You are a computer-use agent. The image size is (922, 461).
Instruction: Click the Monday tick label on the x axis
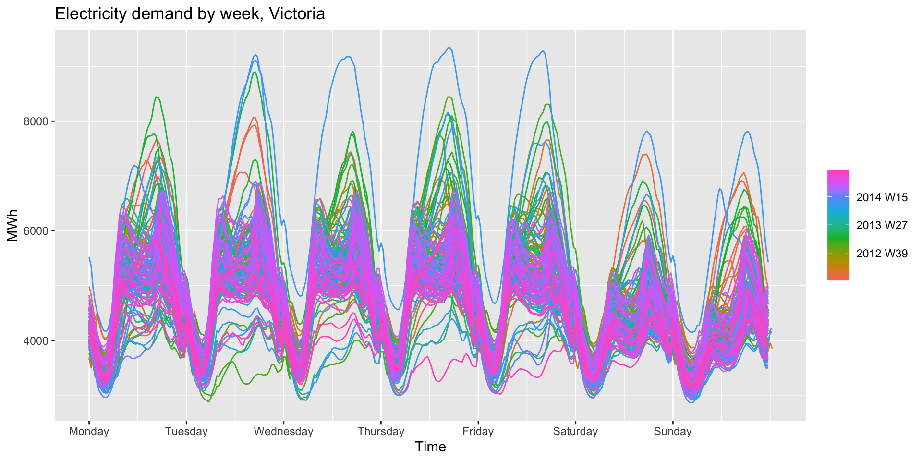coord(89,431)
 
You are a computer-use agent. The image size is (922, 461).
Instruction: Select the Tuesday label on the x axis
coord(186,431)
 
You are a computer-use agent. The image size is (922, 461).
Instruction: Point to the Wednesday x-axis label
coord(283,431)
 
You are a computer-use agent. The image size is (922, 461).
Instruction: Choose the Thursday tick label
coord(381,431)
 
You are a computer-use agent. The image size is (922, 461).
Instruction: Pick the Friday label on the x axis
coord(478,431)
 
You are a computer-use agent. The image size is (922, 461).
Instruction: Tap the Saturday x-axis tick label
coord(575,431)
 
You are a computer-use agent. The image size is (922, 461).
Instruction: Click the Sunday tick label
coord(672,431)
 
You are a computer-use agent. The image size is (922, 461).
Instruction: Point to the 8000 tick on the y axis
coord(36,121)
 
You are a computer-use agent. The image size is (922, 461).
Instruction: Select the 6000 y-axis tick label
coord(36,231)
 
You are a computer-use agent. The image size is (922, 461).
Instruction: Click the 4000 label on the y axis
coord(36,340)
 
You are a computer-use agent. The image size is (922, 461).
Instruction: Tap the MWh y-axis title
coord(12,225)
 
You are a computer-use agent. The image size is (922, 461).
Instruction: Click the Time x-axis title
coord(430,447)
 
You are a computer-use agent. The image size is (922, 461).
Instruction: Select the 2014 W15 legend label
coord(882,197)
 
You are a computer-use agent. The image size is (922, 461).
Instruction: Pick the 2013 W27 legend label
coord(882,225)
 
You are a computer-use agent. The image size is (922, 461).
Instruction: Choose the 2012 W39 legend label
coord(882,254)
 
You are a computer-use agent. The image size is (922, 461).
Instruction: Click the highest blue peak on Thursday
coord(449,48)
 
